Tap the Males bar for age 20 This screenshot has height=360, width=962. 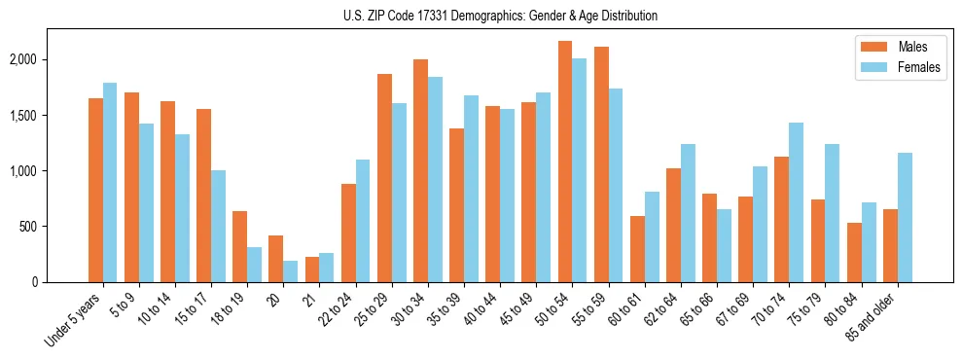[x=276, y=259]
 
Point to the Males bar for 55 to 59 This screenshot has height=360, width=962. [x=600, y=164]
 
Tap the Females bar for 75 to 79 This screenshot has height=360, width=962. [x=833, y=213]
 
